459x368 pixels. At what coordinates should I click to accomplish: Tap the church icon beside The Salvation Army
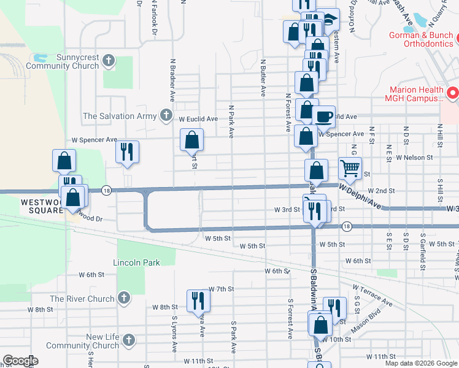[x=166, y=115]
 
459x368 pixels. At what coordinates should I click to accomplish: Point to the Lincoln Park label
[x=136, y=263]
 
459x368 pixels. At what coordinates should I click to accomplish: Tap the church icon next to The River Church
[x=123, y=299]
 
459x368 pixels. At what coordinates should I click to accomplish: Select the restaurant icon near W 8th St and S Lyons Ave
[x=198, y=300]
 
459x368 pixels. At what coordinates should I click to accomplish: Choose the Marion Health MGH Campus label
[x=414, y=93]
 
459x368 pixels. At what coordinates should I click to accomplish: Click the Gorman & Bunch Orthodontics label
[x=421, y=39]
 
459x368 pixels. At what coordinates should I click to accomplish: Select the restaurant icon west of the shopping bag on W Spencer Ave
[x=127, y=151]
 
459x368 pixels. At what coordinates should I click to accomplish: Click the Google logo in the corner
[x=20, y=361]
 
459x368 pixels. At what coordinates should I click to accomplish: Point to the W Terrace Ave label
[x=372, y=294]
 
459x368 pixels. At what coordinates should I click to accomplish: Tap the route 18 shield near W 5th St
[x=347, y=226]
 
